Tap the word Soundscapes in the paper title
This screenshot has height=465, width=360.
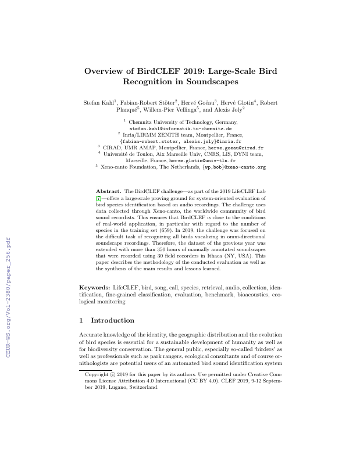(208, 83)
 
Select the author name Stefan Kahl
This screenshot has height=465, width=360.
(99, 103)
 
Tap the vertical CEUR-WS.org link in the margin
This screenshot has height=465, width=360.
(8, 296)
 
